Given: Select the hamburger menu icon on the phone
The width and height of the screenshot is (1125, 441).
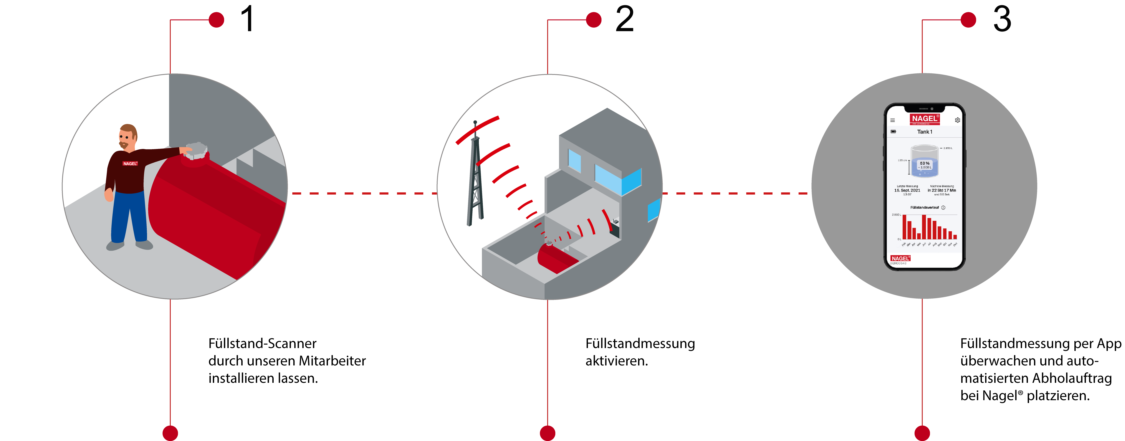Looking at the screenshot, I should pyautogui.click(x=893, y=120).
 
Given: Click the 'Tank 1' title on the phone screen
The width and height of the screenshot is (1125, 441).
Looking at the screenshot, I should pyautogui.click(x=925, y=132).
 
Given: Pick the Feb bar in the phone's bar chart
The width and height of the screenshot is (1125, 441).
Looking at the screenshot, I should pyautogui.click(x=905, y=227).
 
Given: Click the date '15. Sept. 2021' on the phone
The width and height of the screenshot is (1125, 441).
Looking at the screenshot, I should pyautogui.click(x=907, y=190).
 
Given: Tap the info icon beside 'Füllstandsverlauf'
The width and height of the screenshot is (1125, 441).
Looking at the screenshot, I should pyautogui.click(x=943, y=208).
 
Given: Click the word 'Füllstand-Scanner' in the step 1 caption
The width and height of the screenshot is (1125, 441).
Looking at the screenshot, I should pyautogui.click(x=262, y=344).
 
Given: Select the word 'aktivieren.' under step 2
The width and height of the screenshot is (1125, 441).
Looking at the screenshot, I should pyautogui.click(x=617, y=361).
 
